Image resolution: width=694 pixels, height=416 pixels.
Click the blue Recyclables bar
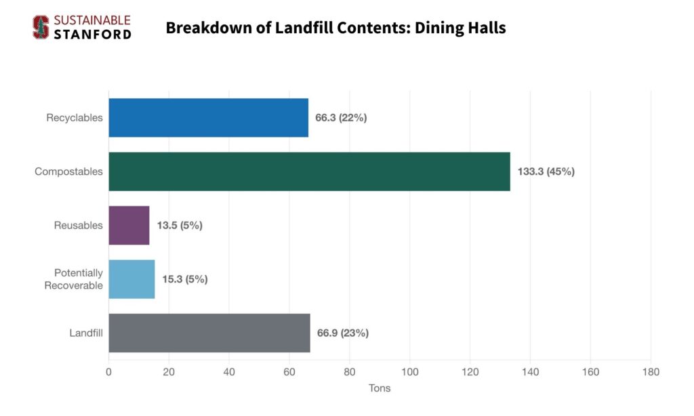coord(208,118)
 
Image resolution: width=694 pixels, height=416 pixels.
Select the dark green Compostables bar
coord(309,171)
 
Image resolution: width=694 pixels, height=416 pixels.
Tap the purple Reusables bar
coord(129,226)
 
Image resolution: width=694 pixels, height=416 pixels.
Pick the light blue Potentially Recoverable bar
coord(131,279)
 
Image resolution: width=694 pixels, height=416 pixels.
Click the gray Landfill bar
coord(209,333)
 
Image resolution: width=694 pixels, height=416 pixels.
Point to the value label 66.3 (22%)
coord(341,118)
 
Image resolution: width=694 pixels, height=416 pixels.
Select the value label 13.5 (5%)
coord(180,226)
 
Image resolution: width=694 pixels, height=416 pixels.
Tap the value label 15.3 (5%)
coord(185,279)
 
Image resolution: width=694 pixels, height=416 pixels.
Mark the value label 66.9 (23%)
coord(343,333)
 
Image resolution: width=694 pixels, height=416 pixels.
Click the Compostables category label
coord(69,171)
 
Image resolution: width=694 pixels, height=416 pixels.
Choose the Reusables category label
coord(79,226)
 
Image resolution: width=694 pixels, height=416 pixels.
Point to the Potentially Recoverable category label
coord(74,279)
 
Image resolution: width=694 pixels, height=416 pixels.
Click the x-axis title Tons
coord(380,389)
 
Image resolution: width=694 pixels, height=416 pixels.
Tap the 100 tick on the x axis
coord(410,372)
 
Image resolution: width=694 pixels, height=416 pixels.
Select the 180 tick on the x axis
coord(651,372)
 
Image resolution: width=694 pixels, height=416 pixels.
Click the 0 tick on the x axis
coord(108,372)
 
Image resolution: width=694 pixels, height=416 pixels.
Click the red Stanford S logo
coord(41,27)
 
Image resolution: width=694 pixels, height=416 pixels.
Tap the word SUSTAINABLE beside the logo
coord(91,20)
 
